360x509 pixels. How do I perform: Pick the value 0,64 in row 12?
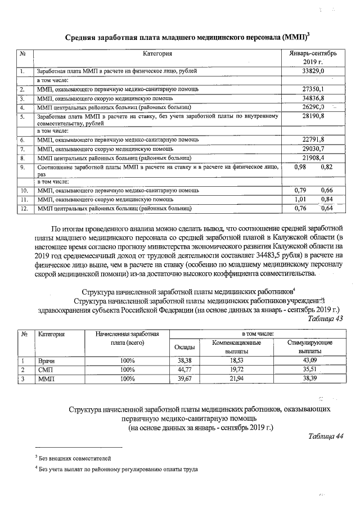326,208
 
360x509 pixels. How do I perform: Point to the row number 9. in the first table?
23,167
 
